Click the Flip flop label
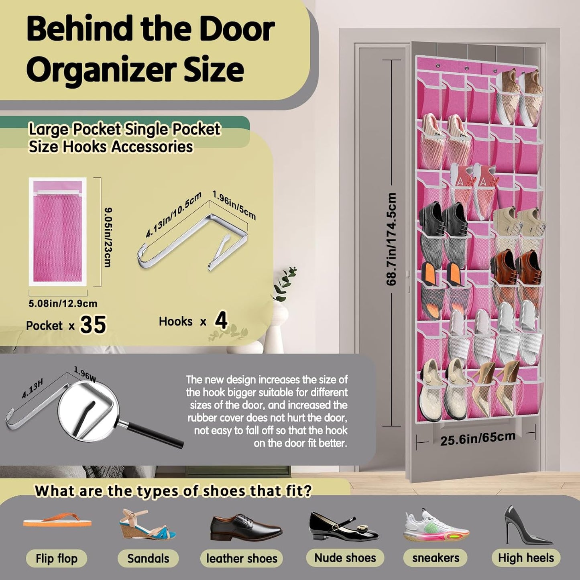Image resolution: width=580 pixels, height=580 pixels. [57, 558]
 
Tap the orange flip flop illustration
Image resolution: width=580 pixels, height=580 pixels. [57, 521]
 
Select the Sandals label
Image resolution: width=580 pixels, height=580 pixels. [148, 558]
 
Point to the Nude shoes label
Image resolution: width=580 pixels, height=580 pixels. [345, 558]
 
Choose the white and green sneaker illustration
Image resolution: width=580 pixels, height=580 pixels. [436, 526]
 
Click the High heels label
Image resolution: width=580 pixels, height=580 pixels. [526, 558]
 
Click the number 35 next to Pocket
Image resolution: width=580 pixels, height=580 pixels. [93, 325]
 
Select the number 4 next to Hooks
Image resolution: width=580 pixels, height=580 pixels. [221, 321]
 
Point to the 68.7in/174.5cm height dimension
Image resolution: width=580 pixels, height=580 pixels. [391, 239]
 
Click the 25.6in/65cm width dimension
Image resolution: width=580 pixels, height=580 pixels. [478, 438]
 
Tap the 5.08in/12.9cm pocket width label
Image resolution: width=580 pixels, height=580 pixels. [63, 303]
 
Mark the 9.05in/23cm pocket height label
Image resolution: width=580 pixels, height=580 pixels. [108, 237]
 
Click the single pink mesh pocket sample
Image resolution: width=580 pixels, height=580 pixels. [57, 232]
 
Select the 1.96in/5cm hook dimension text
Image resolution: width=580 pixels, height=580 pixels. [234, 205]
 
